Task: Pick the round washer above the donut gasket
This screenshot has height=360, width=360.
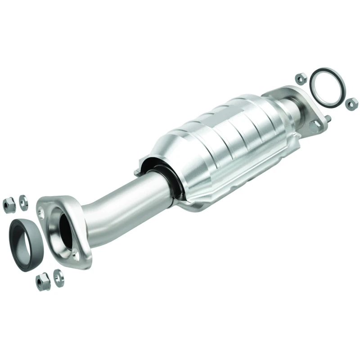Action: pyautogui.click(x=23, y=202)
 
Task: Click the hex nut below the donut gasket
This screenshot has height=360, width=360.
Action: pyautogui.click(x=43, y=282)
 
